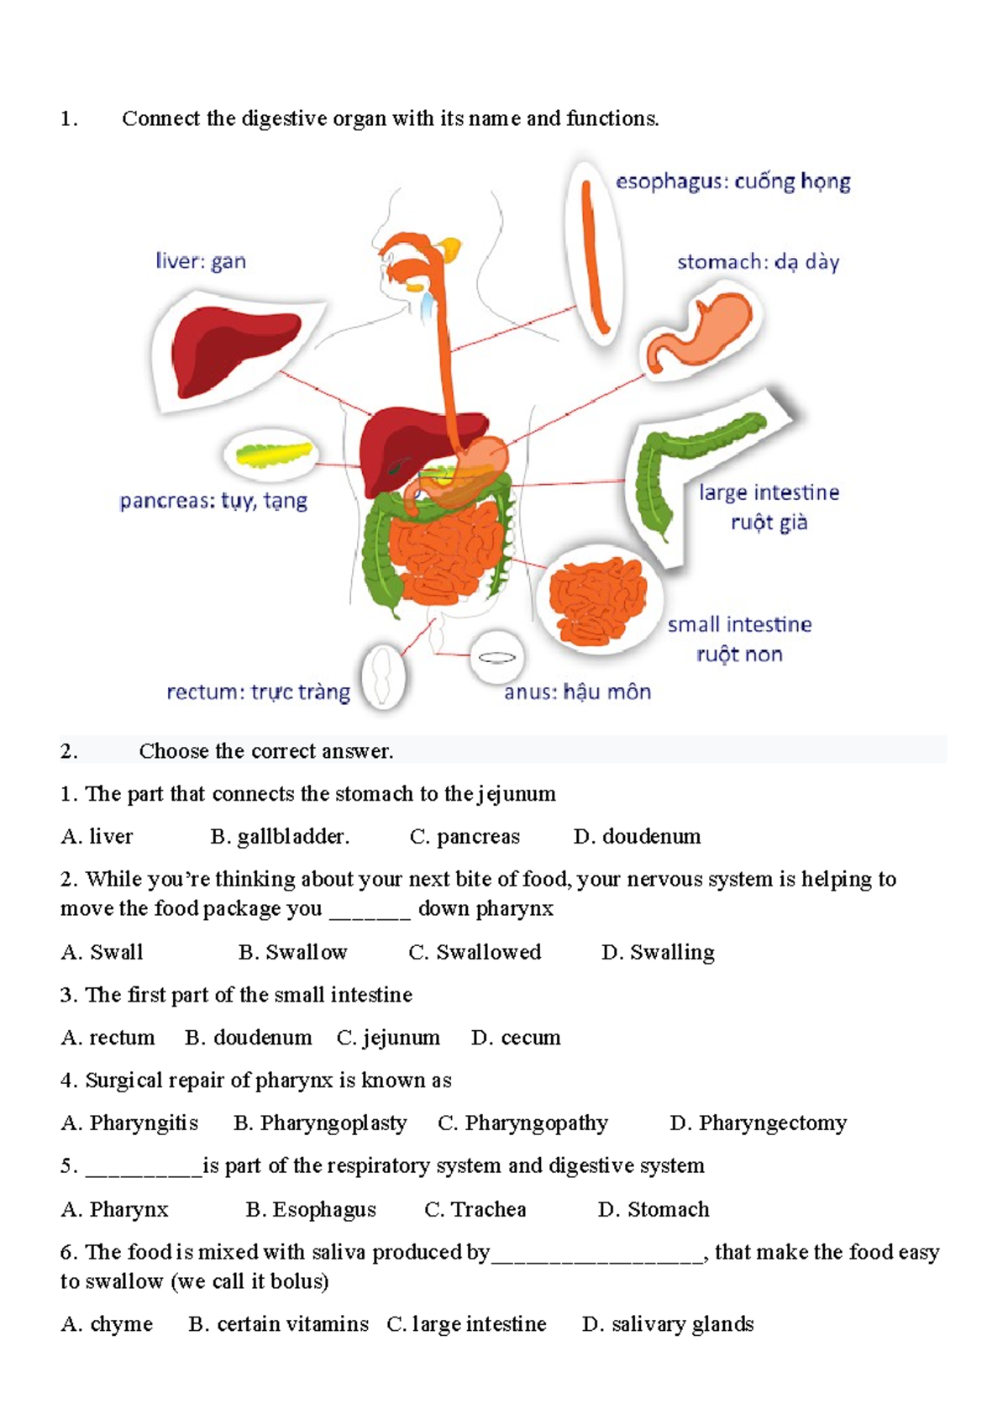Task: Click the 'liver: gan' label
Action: click(x=201, y=261)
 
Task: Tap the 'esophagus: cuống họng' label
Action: click(x=732, y=181)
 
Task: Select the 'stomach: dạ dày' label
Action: click(x=758, y=262)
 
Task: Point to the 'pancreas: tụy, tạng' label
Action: click(x=213, y=502)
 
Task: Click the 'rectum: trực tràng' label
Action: click(x=258, y=692)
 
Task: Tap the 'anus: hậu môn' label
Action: click(x=577, y=692)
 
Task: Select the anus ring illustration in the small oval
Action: click(x=496, y=657)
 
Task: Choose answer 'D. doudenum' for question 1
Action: click(x=637, y=837)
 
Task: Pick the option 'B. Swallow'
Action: click(x=292, y=953)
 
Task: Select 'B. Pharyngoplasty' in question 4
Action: click(x=320, y=1123)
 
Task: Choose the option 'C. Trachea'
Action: click(x=475, y=1210)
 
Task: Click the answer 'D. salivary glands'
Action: click(x=668, y=1325)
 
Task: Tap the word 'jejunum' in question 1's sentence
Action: click(x=517, y=795)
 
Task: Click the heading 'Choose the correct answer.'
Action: click(x=265, y=751)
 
